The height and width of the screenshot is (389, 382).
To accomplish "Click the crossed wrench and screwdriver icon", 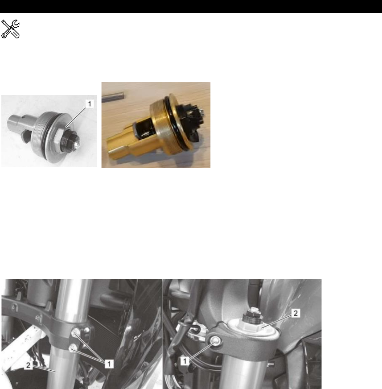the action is [10, 29].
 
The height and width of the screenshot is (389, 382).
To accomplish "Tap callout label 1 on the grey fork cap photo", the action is [90, 103].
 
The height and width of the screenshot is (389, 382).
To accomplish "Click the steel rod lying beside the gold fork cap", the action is [113, 97].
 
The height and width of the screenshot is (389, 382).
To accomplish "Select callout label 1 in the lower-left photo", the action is [109, 364].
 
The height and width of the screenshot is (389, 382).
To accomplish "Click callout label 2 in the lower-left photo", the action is [28, 365].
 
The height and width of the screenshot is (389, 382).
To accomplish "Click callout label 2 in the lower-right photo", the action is [296, 313].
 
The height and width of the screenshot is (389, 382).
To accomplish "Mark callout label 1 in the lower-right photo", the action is [185, 361].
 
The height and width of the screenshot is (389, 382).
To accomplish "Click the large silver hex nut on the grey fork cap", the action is [58, 137].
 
